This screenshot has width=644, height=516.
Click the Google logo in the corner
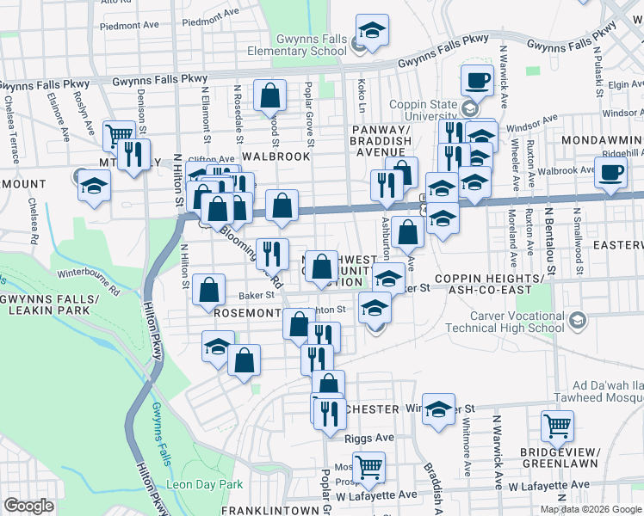tap(28, 506)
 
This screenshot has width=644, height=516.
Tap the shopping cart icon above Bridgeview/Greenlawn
tap(557, 425)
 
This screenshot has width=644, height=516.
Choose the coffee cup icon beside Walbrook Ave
tap(610, 170)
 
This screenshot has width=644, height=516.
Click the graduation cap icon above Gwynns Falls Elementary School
tap(373, 29)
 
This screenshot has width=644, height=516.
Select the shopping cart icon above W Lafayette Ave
tap(368, 466)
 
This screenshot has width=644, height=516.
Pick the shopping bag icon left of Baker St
tap(209, 290)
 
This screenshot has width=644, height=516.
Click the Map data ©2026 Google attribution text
tap(591, 508)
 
